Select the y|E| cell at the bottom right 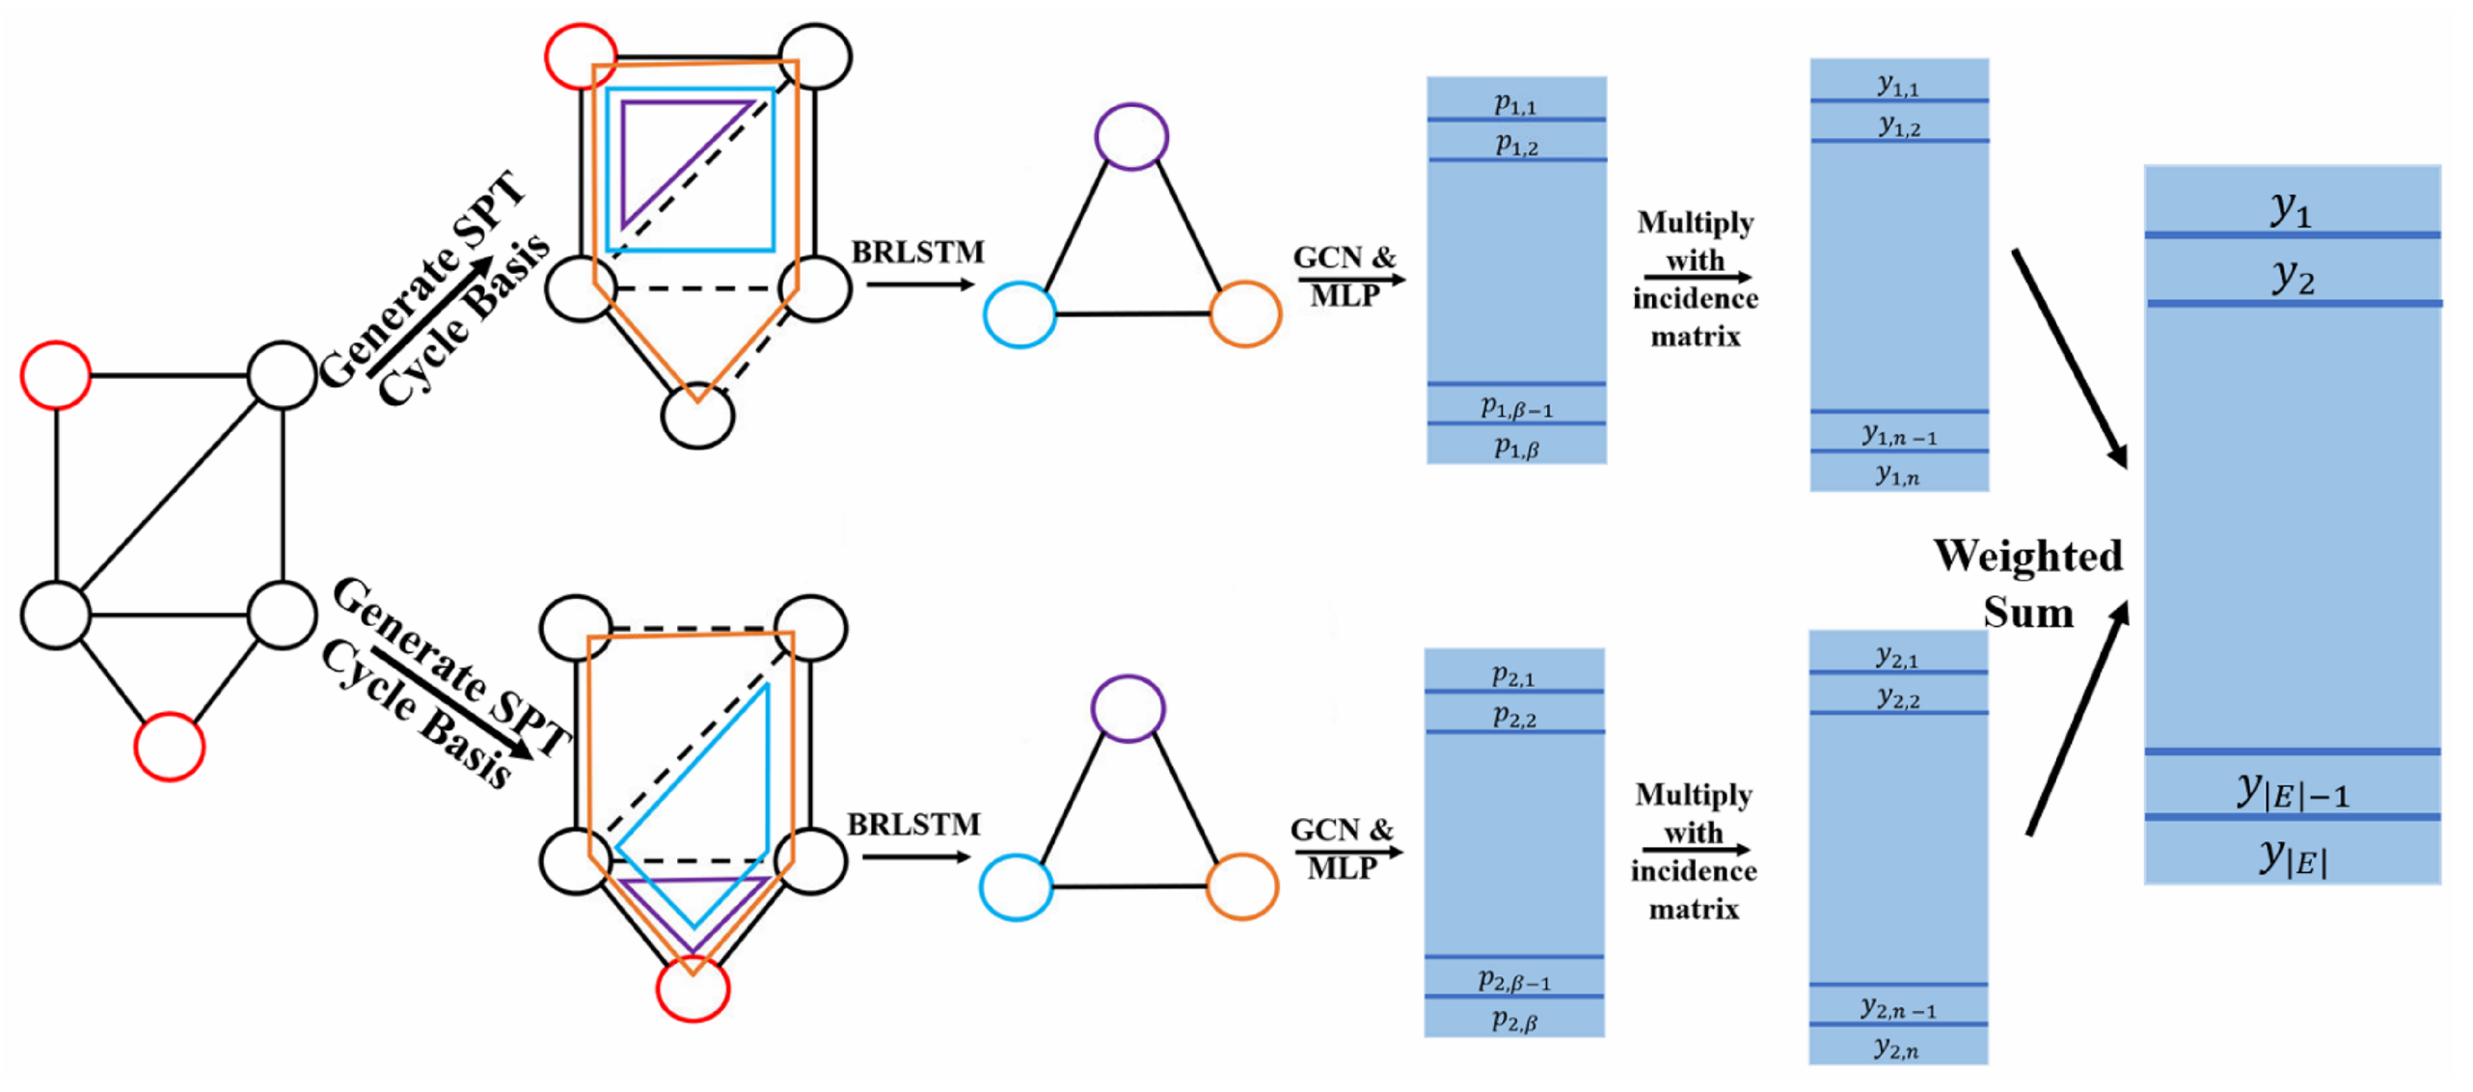2291,855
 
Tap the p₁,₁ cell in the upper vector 1515,101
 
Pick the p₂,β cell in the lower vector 1513,1019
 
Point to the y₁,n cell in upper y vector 1897,473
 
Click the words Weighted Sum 2027,584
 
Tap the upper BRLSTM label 916,253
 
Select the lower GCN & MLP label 1343,847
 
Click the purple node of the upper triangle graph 1131,137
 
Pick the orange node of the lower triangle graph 1242,886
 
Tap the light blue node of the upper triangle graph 1019,314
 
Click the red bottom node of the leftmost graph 169,746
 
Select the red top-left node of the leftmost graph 56,374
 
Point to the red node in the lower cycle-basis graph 693,988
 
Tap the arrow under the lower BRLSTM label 916,857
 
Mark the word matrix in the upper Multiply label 1696,337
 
